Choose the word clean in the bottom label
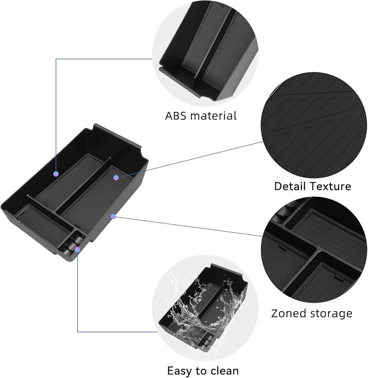pos(224,370)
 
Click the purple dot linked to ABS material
pos(56,174)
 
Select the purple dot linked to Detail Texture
pos(116,177)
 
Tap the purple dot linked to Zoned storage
pos(113,216)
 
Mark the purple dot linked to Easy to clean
pos(78,249)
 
